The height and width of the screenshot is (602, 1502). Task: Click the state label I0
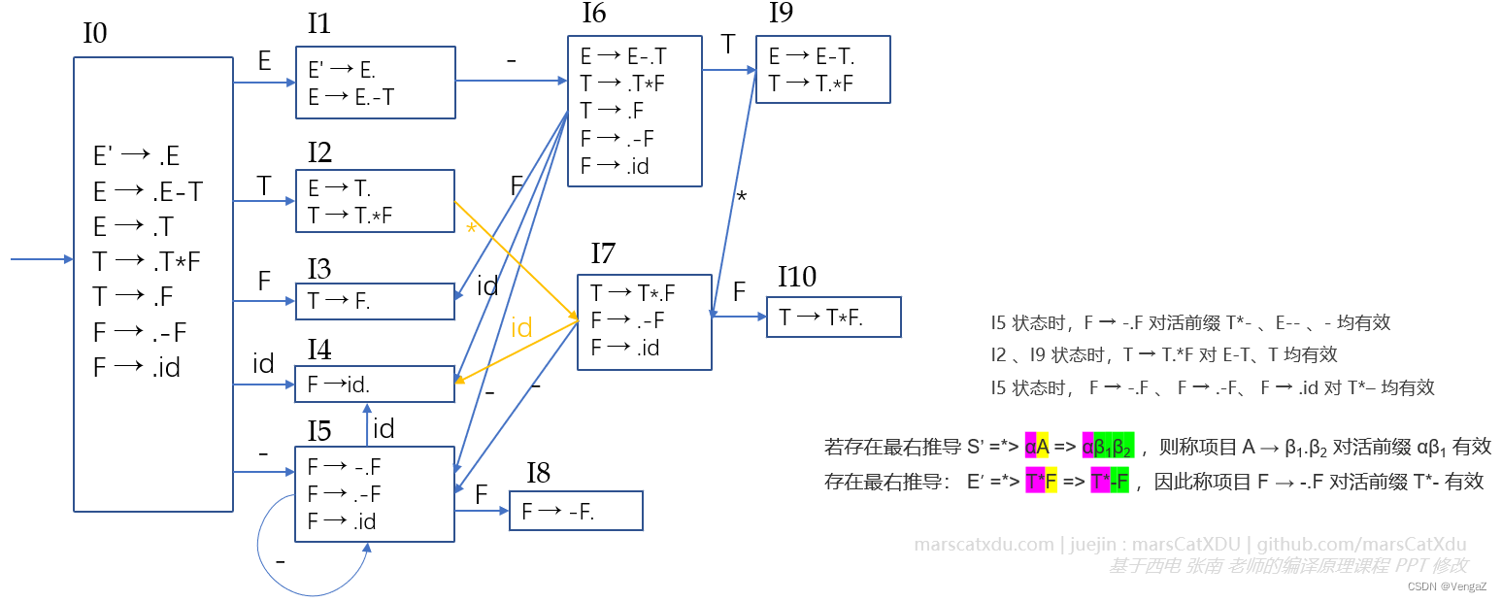[x=95, y=34]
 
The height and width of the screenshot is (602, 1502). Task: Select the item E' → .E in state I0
[x=136, y=156]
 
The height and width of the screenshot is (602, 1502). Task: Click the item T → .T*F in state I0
[x=147, y=261]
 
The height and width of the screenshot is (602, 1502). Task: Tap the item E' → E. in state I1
[x=342, y=70]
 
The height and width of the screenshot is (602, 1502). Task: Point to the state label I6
[x=594, y=14]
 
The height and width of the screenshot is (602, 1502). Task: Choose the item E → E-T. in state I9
[x=812, y=57]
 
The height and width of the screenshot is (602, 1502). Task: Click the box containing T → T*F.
[x=833, y=318]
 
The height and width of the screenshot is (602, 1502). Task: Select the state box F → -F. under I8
[x=576, y=511]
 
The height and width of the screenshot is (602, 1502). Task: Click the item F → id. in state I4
[x=339, y=385]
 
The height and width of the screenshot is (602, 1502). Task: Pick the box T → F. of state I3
[x=375, y=301]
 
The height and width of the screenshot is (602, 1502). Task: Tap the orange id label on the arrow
[x=521, y=328]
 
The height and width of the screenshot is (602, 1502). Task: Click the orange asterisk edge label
[x=471, y=229]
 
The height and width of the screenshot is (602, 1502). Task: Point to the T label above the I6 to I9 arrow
[x=728, y=44]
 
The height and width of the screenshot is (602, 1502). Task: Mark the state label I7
[x=603, y=254]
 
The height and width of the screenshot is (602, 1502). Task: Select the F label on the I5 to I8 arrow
[x=482, y=494]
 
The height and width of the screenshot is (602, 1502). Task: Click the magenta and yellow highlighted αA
[x=1036, y=447]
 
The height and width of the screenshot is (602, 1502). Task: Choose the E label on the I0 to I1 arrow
[x=264, y=62]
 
